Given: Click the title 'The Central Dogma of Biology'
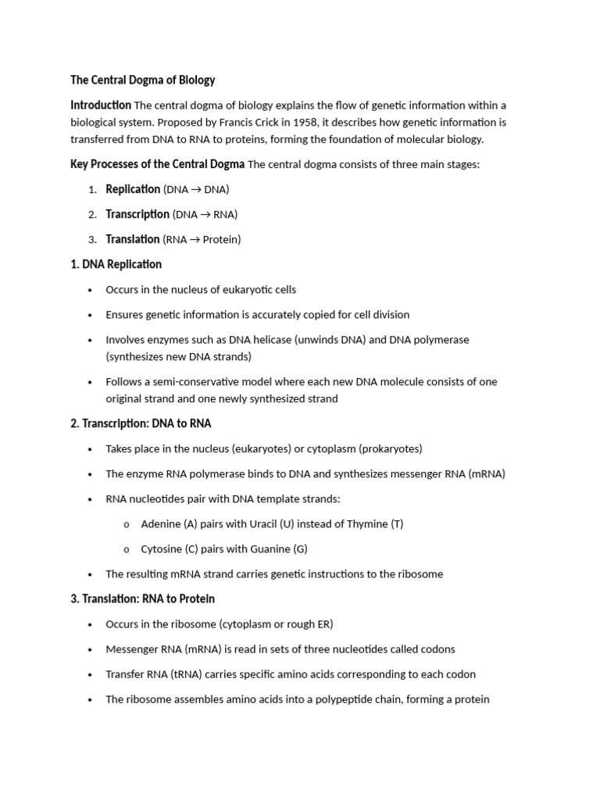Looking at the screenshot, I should click(142, 80).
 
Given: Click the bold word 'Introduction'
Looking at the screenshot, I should click(101, 105).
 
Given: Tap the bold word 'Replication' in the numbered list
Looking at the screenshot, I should click(133, 189).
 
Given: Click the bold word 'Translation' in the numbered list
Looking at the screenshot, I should click(133, 239).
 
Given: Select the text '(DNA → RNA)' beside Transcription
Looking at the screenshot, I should click(205, 214).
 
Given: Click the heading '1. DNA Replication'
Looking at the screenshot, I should click(116, 264).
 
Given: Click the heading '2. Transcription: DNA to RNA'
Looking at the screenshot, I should click(141, 423).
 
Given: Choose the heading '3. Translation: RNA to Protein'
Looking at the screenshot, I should click(142, 598).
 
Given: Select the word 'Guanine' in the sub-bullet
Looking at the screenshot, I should click(266, 548).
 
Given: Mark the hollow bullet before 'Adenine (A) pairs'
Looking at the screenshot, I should click(127, 524).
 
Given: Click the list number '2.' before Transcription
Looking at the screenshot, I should click(92, 214).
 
